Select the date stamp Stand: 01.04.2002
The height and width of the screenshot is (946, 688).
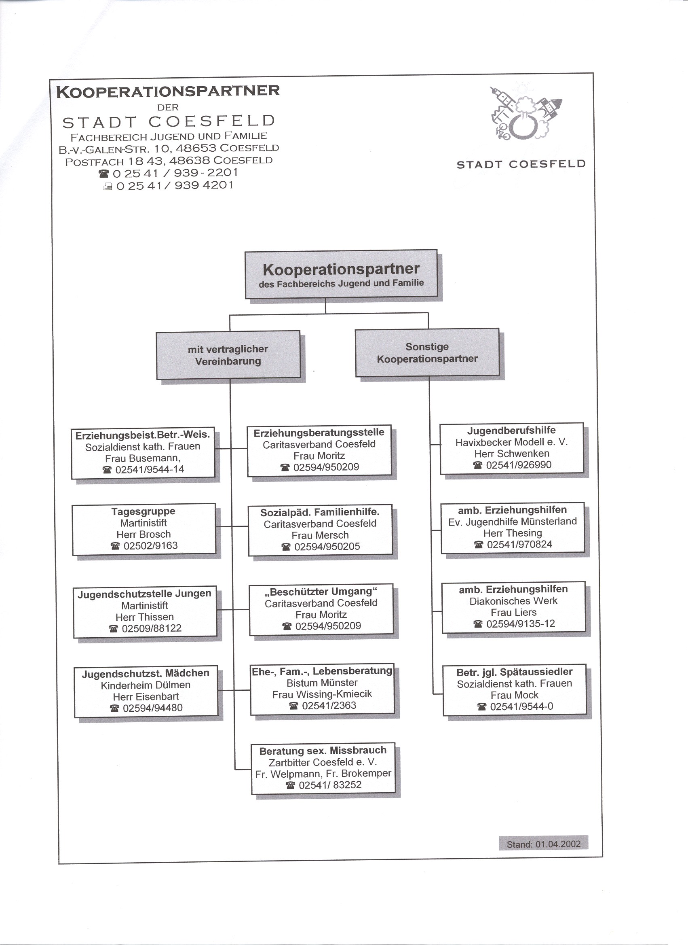(x=543, y=844)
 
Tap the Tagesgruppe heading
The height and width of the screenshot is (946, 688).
(x=144, y=511)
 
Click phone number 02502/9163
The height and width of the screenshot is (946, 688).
(x=150, y=545)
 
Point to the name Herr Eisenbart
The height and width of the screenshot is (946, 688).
(x=146, y=696)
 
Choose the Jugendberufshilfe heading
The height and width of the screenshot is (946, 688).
(x=511, y=431)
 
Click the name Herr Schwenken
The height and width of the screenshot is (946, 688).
(x=512, y=454)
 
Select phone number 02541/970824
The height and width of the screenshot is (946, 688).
(x=519, y=544)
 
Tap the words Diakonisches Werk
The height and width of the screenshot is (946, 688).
(x=513, y=601)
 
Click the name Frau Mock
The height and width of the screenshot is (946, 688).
(x=514, y=695)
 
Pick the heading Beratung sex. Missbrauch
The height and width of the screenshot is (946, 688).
(x=323, y=751)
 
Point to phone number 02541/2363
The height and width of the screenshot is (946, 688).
(x=329, y=705)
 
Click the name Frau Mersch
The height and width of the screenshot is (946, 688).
(x=320, y=535)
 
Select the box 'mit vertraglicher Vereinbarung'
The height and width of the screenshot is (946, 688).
(x=228, y=355)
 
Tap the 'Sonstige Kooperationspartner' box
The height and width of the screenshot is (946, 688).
(x=427, y=352)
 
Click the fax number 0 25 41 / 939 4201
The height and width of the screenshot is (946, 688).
(x=175, y=186)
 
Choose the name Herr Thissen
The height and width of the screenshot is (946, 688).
(x=145, y=617)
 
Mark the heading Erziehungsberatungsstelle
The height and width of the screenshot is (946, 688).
(x=319, y=433)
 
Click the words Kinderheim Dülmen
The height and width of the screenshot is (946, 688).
(x=146, y=685)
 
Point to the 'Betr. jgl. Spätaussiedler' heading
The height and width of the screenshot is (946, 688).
(x=514, y=672)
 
